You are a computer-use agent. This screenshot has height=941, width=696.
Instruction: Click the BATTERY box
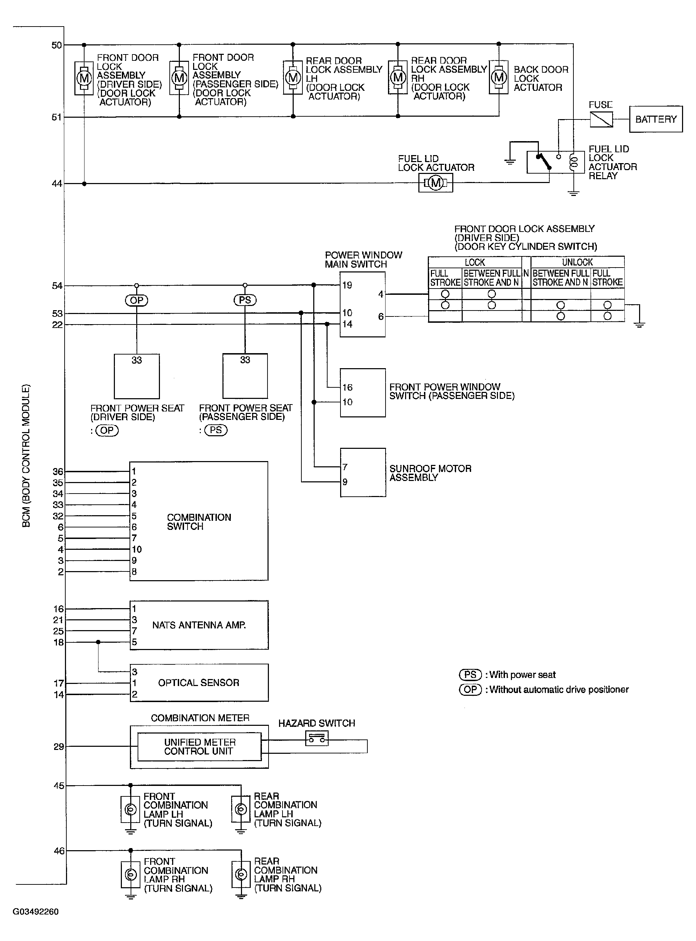[655, 119]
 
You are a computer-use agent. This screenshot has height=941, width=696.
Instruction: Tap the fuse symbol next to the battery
[601, 119]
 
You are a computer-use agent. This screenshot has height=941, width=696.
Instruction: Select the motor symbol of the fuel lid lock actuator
[435, 183]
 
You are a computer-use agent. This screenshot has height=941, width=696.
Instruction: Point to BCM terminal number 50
[57, 45]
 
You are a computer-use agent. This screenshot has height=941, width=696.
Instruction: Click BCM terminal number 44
[57, 184]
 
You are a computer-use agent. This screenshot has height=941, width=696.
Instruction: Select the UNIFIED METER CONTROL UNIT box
[199, 747]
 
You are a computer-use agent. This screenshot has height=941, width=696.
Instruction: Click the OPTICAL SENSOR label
[198, 683]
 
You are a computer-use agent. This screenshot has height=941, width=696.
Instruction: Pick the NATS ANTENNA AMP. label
[199, 625]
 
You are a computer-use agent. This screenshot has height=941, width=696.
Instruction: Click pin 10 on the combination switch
[137, 549]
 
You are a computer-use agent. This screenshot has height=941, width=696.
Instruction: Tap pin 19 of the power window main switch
[347, 285]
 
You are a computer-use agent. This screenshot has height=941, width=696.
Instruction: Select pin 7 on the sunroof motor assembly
[345, 467]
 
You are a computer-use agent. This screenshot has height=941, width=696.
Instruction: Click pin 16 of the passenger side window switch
[347, 387]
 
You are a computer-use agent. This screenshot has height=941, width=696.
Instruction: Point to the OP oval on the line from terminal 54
[137, 300]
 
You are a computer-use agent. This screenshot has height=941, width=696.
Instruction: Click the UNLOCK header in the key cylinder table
[577, 262]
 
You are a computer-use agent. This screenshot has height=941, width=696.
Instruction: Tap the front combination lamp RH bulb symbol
[131, 875]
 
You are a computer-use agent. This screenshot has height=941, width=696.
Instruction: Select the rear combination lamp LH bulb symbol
[241, 810]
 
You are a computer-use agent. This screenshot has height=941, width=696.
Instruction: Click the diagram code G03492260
[36, 912]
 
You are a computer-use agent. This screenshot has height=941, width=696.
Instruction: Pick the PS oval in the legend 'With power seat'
[470, 675]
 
